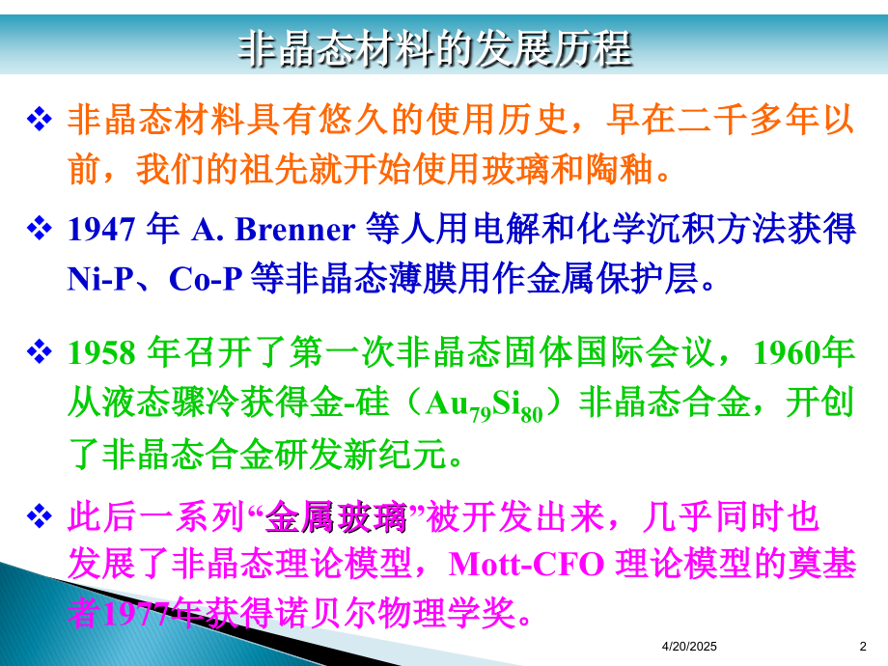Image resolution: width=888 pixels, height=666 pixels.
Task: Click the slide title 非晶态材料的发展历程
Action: pyautogui.click(x=434, y=48)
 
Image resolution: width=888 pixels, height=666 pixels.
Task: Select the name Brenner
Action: pyautogui.click(x=295, y=230)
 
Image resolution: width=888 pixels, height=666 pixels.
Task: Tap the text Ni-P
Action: pyautogui.click(x=100, y=279)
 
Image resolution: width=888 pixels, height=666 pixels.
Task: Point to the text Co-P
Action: pyautogui.click(x=206, y=279)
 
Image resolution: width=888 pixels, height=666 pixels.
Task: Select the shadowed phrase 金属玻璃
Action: pyautogui.click(x=336, y=517)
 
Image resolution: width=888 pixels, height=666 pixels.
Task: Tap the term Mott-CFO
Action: pyautogui.click(x=527, y=565)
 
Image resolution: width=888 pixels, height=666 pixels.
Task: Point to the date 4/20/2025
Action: pyautogui.click(x=689, y=646)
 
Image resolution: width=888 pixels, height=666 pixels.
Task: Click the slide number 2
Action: pyautogui.click(x=863, y=646)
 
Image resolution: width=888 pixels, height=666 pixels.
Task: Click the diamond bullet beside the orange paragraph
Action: pyautogui.click(x=39, y=119)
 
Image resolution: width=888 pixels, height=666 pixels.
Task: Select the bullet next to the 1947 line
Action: pyautogui.click(x=39, y=228)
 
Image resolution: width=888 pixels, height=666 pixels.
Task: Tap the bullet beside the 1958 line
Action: pyautogui.click(x=39, y=351)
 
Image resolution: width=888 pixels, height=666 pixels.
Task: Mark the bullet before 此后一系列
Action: pyautogui.click(x=39, y=516)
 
